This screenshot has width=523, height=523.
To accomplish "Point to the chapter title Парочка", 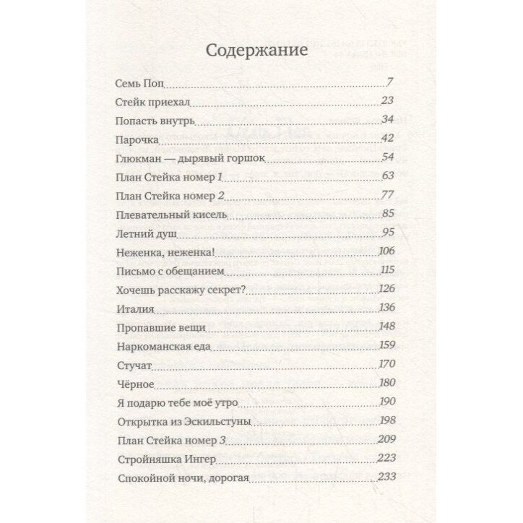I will [137, 139].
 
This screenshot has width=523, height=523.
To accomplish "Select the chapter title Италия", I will [135, 308].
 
